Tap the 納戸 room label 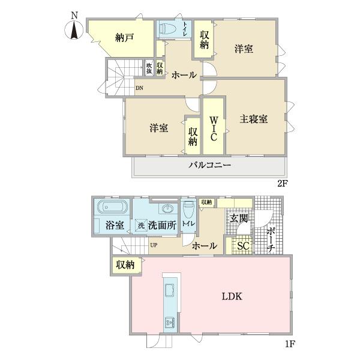click(x=124, y=37)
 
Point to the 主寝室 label click(x=254, y=118)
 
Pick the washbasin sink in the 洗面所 click(x=168, y=209)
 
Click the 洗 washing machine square click(x=140, y=226)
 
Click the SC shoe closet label click(x=243, y=245)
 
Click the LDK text click(x=232, y=296)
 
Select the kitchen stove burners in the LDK click(x=168, y=324)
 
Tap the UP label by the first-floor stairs click(x=154, y=245)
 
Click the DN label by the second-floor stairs click(x=139, y=89)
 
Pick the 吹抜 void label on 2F click(x=148, y=68)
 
